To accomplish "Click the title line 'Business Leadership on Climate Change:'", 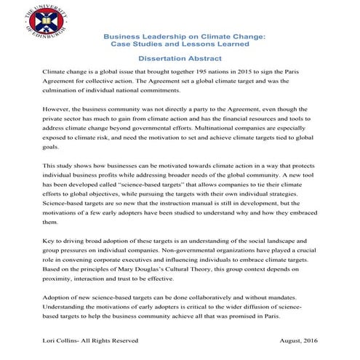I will (x=184, y=36).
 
